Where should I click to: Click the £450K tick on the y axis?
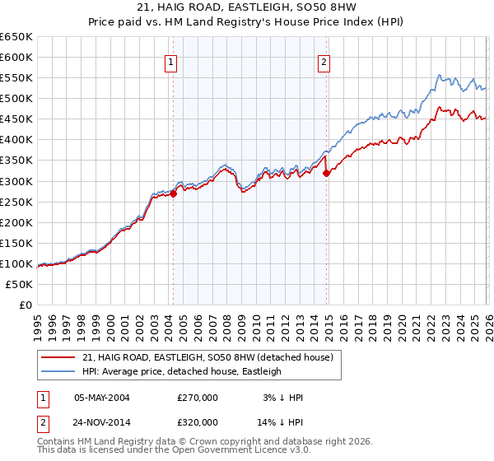16,119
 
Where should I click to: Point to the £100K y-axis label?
16,263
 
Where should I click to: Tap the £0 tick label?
24,305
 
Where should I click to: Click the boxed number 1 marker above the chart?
170,62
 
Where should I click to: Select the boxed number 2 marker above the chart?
324,62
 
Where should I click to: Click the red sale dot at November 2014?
327,173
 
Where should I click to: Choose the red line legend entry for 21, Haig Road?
207,357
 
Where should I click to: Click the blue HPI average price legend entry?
181,371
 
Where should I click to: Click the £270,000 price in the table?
197,398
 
